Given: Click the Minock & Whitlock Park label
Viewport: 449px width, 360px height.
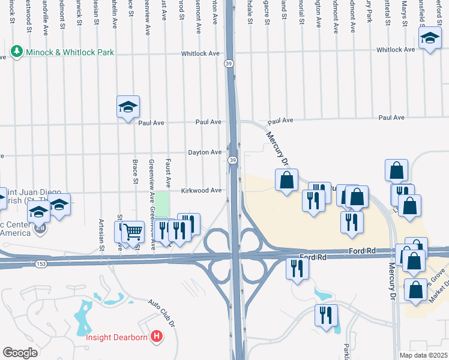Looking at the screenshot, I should (70, 52).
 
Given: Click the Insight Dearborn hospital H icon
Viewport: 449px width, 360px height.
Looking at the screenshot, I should (157, 337).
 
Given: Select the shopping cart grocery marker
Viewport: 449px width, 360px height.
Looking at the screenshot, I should (133, 231).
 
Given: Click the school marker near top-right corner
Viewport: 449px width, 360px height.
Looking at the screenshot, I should (430, 40).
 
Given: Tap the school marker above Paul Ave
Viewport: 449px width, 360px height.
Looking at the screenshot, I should (128, 107).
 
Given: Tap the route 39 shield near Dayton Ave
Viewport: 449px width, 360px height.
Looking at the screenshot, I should (232, 160).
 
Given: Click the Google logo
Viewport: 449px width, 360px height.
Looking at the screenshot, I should (20, 352).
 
